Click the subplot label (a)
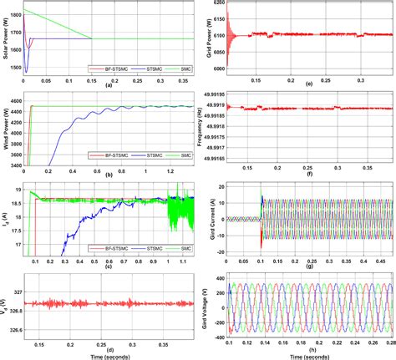pos(107,85)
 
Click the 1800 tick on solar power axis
pos(16,15)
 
